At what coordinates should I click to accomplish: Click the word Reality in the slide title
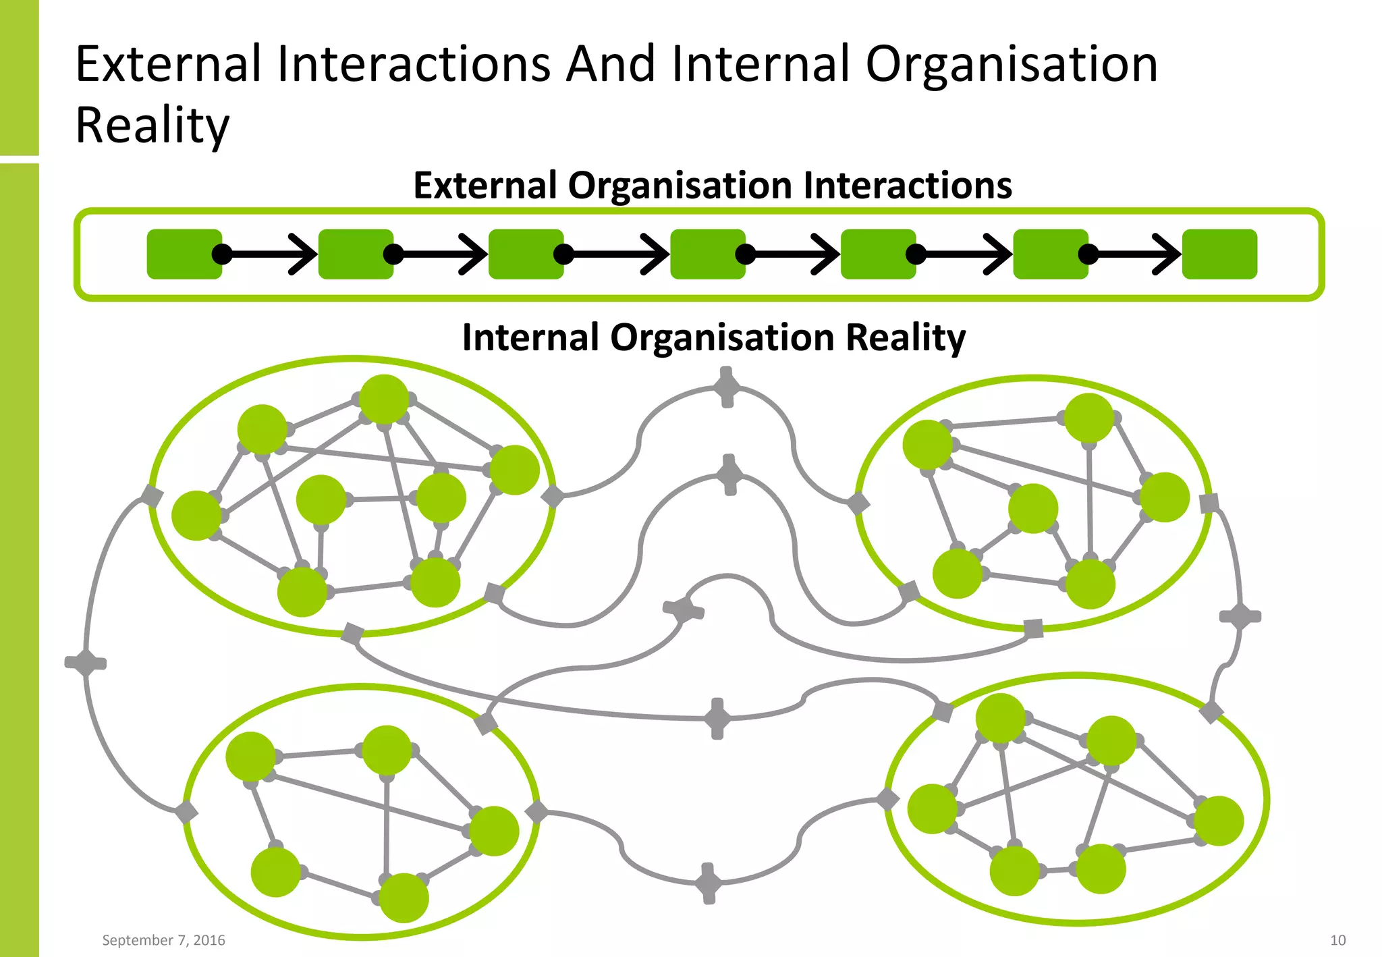tap(153, 126)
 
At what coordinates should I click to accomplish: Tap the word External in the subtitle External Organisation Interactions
tap(486, 186)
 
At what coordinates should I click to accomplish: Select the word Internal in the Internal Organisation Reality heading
tap(530, 337)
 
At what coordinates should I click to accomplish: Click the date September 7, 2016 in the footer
tap(163, 940)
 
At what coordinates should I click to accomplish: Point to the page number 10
tap(1337, 940)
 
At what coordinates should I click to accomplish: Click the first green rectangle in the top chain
tap(184, 254)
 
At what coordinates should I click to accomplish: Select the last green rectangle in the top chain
tap(1219, 254)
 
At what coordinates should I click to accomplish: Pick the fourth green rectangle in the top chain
tap(707, 254)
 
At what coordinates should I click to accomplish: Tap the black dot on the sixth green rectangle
tap(1088, 254)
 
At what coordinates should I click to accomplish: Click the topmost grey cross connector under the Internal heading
tap(727, 387)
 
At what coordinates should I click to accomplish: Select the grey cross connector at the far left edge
tap(86, 663)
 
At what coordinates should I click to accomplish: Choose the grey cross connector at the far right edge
tap(1240, 616)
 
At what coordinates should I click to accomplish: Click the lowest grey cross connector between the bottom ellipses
tap(708, 883)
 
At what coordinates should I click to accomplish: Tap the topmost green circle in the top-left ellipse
tap(384, 400)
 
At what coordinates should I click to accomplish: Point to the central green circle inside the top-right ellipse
tap(1033, 508)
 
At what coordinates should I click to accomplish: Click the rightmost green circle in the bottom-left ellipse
tap(494, 831)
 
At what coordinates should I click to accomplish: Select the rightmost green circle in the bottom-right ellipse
tap(1219, 821)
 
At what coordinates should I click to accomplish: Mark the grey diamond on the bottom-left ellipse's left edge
tap(186, 812)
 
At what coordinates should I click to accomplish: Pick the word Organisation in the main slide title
tap(1012, 64)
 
